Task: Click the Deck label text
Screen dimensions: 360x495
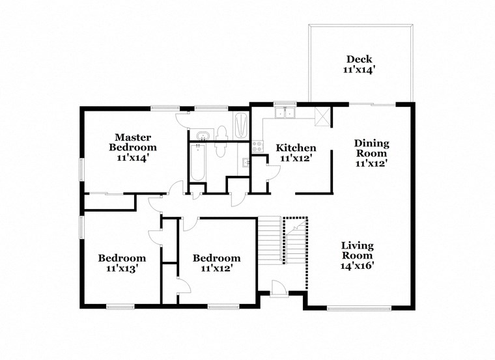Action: coord(360,59)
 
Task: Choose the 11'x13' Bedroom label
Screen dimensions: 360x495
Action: coord(122,262)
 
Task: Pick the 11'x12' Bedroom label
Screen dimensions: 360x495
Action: coord(216,263)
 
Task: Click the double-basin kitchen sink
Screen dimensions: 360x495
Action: coord(285,113)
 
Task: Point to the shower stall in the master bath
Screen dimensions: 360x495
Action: coord(241,125)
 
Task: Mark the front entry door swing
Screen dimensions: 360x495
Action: coord(278,286)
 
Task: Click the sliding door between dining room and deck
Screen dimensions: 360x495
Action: coord(373,104)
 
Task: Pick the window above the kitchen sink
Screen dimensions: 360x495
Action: coord(285,103)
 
